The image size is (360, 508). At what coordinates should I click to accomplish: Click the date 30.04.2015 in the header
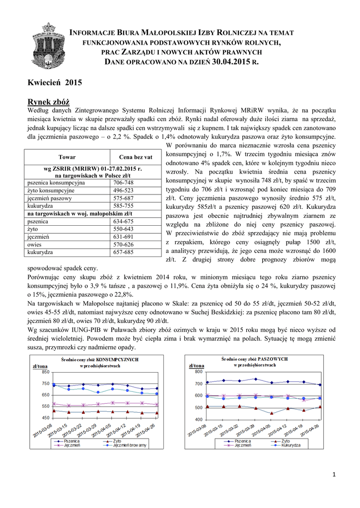[231, 62]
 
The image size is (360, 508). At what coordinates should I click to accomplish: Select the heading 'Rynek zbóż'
[49, 101]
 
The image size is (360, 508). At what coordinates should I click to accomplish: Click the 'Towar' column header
[67, 157]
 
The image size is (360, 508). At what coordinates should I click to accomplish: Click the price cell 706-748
[124, 183]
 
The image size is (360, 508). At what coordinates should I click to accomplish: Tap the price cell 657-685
[124, 252]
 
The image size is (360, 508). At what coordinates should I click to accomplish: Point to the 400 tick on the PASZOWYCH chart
[198, 420]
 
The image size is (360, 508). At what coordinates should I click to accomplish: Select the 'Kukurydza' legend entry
[290, 445]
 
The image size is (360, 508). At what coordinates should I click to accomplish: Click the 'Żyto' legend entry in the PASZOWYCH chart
[285, 441]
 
